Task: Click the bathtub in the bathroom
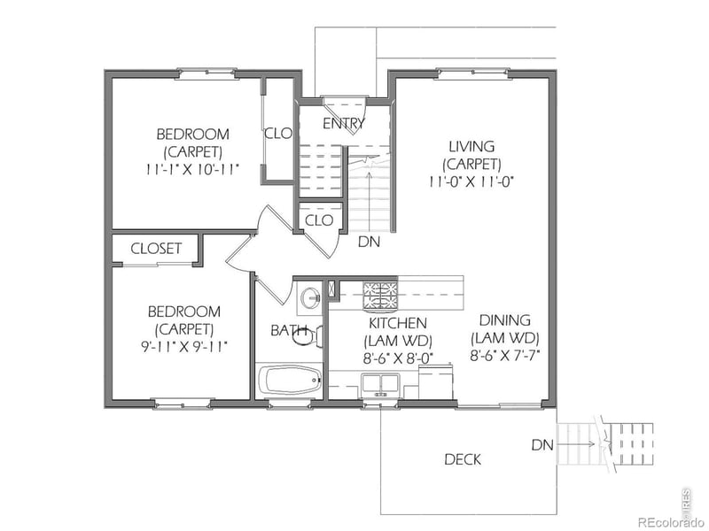tap(291, 382)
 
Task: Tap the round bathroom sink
tap(309, 297)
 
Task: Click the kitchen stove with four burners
tap(381, 295)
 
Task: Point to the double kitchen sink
tap(383, 385)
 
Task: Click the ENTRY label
tap(343, 124)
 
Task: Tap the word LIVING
tap(471, 146)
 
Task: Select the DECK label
tap(463, 459)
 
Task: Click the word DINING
tap(504, 320)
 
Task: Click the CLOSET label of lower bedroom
tap(156, 249)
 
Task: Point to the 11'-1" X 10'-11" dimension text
tap(192, 168)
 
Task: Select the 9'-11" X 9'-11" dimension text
tap(183, 346)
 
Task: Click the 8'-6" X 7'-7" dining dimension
tap(504, 356)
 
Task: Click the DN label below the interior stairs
tap(369, 241)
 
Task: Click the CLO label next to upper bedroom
tap(278, 134)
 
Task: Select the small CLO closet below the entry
tap(318, 219)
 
